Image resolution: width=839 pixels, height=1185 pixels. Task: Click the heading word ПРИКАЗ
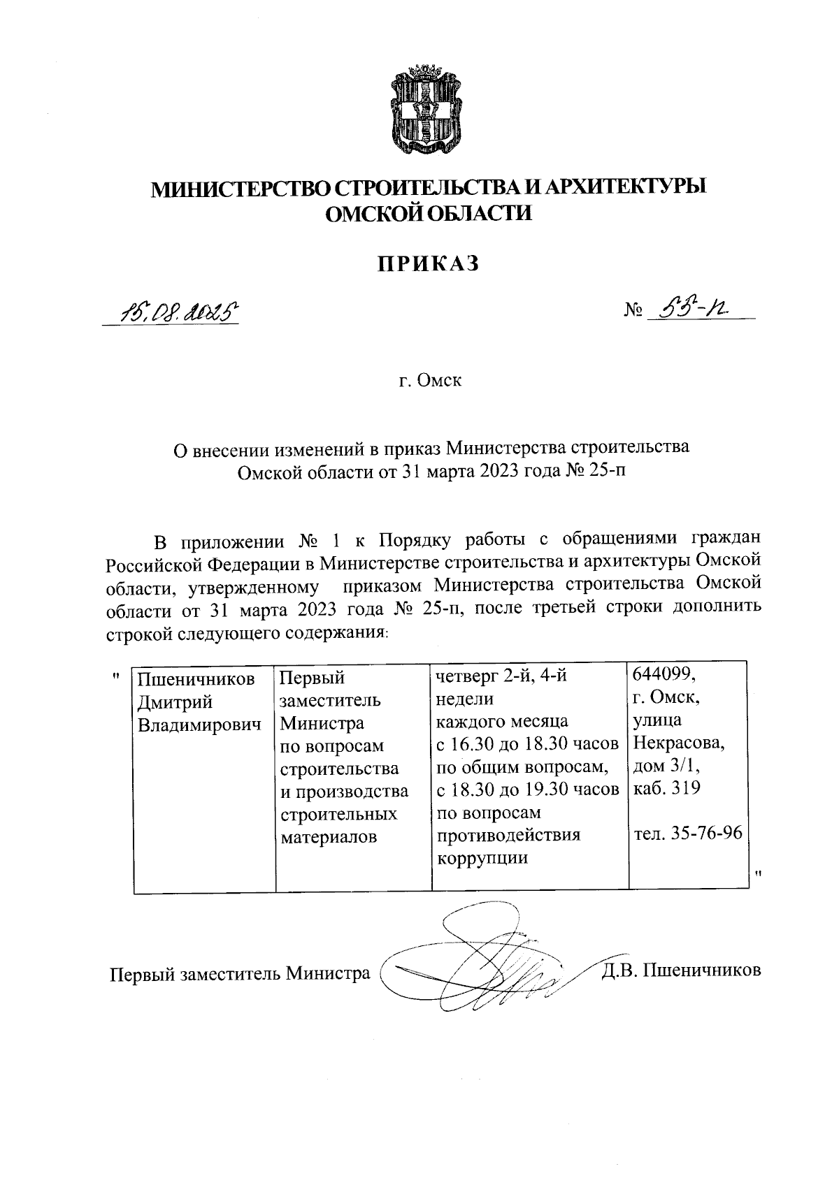pyautogui.click(x=429, y=263)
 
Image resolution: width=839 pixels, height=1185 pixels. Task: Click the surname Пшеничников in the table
pyautogui.click(x=195, y=678)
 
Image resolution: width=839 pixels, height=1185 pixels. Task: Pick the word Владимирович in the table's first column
pyautogui.click(x=199, y=724)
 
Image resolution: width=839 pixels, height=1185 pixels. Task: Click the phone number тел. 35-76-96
pyautogui.click(x=687, y=833)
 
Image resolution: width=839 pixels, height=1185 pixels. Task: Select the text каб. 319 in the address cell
pyautogui.click(x=666, y=788)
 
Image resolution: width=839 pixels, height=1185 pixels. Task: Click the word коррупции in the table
pyautogui.click(x=482, y=858)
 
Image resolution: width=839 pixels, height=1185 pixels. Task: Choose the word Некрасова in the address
pyautogui.click(x=678, y=742)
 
